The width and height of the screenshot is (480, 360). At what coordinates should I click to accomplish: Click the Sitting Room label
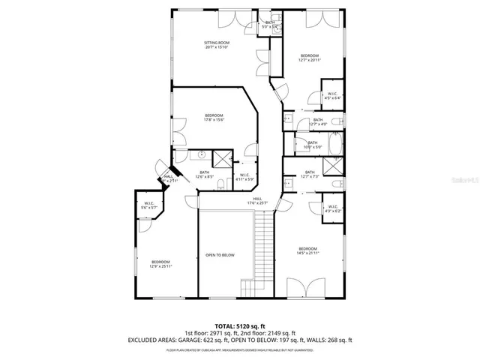(217, 46)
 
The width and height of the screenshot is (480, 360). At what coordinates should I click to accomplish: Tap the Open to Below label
(220, 255)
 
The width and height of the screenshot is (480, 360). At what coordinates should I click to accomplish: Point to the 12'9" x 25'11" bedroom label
(160, 263)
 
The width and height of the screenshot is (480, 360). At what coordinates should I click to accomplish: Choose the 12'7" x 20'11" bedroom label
(310, 58)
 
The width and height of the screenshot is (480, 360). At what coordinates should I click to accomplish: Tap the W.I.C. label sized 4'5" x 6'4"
(332, 95)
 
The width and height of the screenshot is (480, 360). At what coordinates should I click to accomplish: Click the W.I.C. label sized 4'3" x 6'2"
(332, 208)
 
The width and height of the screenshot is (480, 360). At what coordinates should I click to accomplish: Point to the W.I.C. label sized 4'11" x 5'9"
(244, 176)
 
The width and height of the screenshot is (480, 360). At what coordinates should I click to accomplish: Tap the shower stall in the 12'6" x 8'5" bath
(223, 158)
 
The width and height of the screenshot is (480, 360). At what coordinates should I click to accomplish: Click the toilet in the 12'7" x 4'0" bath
(337, 121)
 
